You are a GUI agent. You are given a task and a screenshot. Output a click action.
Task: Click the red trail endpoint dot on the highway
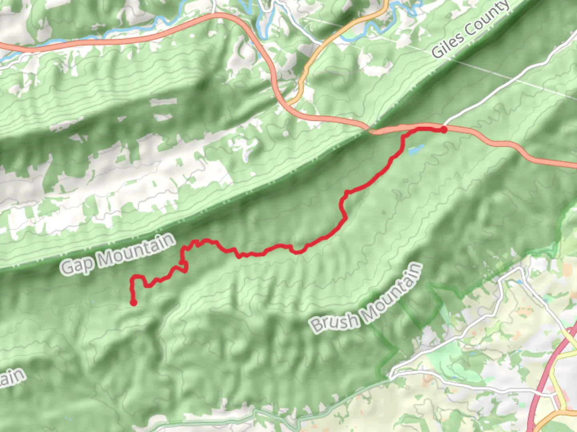(x=444, y=129)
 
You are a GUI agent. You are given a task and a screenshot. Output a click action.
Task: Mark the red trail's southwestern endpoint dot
(x=133, y=303)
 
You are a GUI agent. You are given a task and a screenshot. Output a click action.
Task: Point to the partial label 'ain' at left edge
(x=12, y=378)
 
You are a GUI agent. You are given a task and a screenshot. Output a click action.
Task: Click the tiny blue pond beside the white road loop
(x=520, y=282)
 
